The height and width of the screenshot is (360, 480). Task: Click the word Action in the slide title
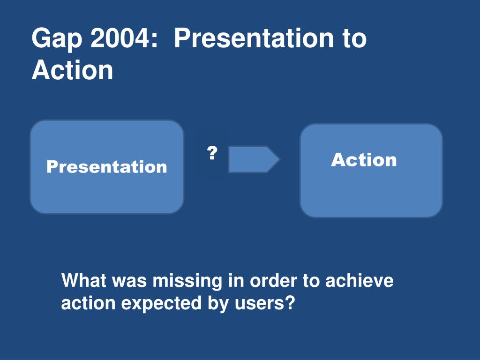point(73,70)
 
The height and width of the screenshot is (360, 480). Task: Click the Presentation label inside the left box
point(107,166)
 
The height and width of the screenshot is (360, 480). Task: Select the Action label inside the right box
point(364,160)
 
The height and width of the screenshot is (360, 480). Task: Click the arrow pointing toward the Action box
point(254,159)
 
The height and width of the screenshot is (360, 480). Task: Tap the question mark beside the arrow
point(212,153)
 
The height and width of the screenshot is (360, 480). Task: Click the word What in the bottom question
point(83,280)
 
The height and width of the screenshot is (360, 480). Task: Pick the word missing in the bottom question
point(187,281)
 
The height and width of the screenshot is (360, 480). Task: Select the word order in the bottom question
point(273,281)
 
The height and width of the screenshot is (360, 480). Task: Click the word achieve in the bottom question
point(360,281)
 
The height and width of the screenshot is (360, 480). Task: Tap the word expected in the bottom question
point(161,304)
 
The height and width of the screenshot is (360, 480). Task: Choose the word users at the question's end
point(261,303)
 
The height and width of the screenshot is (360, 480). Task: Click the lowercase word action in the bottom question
point(89,303)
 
